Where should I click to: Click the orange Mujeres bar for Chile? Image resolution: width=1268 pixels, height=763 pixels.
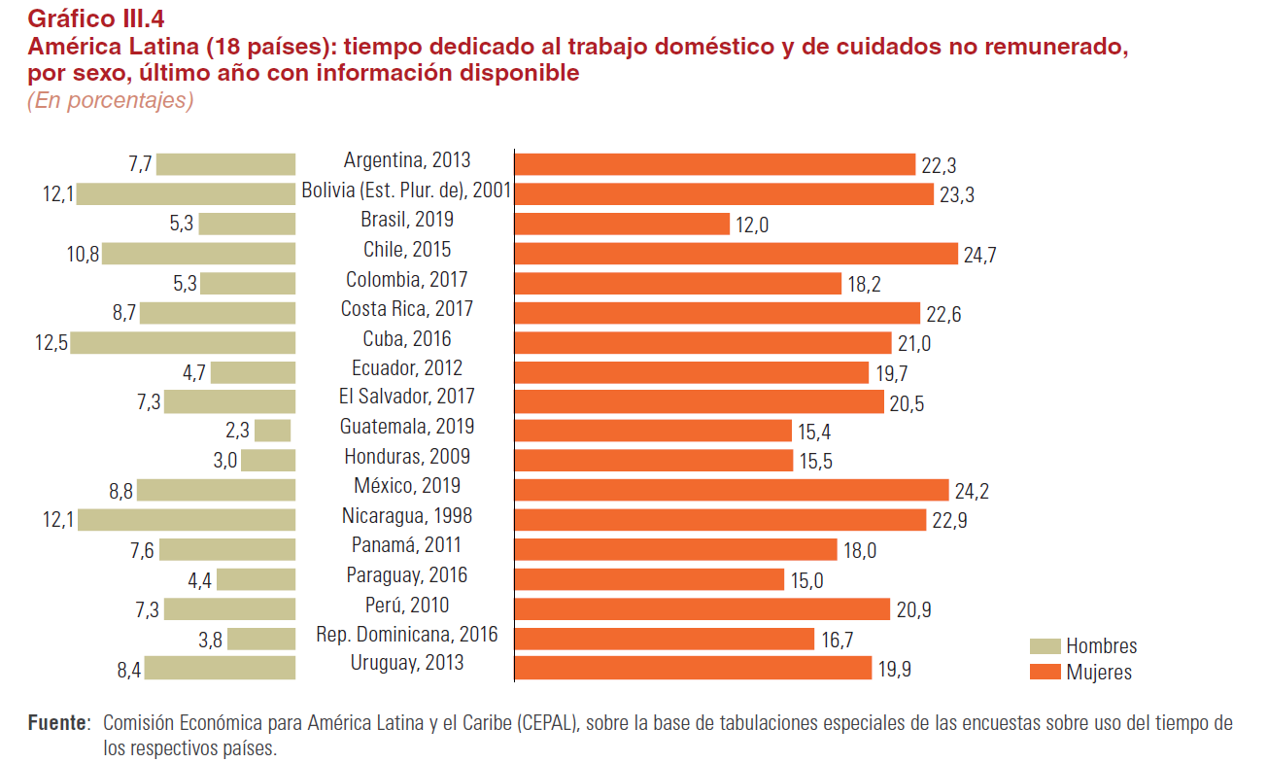coord(736,254)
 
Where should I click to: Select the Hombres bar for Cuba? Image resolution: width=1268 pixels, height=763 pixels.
coord(183,343)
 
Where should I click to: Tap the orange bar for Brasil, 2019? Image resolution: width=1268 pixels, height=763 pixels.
coord(622,225)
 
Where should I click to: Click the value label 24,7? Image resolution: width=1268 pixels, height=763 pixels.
coord(979,256)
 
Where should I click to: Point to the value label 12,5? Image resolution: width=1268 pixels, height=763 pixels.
coord(50,343)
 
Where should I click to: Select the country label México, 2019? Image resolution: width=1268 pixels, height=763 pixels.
coord(406,486)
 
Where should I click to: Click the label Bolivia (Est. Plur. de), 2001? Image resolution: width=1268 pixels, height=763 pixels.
coord(406,191)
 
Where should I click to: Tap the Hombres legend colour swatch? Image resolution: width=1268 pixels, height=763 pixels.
coord(1045,646)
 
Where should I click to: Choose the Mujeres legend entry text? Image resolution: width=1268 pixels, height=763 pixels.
coord(1099,672)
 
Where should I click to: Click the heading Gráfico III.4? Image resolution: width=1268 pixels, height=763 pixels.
coord(95,18)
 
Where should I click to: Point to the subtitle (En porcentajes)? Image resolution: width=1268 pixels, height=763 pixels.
coord(110,100)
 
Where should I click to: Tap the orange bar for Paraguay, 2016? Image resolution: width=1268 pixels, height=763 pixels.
coord(649,579)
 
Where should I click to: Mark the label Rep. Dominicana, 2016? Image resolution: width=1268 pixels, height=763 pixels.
coord(406,635)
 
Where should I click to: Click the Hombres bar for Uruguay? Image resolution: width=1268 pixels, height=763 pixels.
coord(220,668)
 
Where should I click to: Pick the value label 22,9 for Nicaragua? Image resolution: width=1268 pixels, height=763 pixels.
coord(949,521)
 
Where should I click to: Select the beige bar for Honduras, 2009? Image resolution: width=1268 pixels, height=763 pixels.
coord(268,461)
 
